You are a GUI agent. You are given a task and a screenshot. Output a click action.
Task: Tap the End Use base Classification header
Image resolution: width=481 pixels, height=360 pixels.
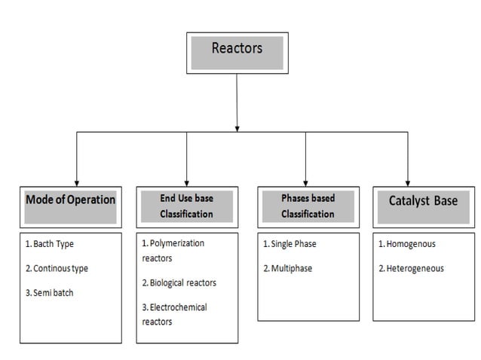186,206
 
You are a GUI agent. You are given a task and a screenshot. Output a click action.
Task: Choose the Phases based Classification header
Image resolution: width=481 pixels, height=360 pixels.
307,206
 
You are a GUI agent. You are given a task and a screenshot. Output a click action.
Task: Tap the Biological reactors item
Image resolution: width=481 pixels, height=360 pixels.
179,282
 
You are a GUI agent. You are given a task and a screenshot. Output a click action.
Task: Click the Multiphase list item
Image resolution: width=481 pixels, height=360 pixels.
287,268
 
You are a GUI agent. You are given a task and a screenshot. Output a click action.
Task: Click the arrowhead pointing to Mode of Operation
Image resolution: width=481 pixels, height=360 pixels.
77,180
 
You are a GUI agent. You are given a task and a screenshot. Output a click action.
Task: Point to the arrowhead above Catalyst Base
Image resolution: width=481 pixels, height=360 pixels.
407,180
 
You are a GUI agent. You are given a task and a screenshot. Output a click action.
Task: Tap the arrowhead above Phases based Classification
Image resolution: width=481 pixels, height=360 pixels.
305,180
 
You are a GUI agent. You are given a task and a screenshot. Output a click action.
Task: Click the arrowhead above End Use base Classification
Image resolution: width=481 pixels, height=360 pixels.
187,180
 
